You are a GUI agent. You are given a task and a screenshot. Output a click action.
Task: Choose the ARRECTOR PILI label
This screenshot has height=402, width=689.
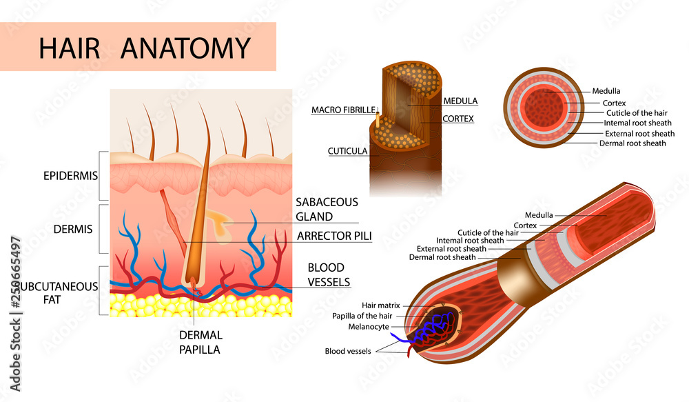tap(334, 237)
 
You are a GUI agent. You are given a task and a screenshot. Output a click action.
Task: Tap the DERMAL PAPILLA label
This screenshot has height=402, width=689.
tap(201, 342)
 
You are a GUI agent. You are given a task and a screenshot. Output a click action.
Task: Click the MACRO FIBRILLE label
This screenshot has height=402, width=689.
tap(343, 110)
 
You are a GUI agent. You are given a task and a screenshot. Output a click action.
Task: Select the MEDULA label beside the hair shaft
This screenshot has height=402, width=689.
tap(460, 101)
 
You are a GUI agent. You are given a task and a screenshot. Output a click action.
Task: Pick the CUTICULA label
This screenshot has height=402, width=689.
tap(347, 150)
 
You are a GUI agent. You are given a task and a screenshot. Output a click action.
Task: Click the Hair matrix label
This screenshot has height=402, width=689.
tap(380, 305)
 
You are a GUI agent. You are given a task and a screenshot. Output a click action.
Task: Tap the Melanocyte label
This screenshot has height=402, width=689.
tap(369, 327)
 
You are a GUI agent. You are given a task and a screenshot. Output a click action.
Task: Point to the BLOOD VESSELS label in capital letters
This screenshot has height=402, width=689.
tap(329, 274)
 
